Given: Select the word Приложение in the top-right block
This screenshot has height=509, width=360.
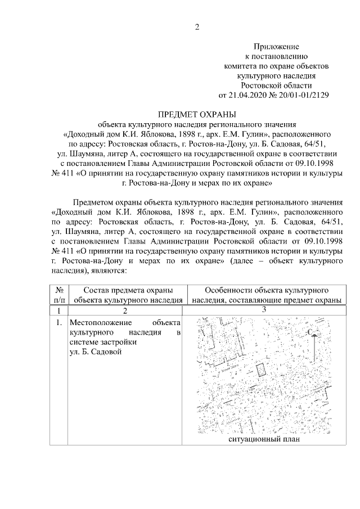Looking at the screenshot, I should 276,47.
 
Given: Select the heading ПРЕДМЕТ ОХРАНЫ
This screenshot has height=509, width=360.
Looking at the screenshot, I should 196,114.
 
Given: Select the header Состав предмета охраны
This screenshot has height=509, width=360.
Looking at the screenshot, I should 127,290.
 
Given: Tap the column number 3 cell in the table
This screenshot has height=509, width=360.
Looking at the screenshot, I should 263,309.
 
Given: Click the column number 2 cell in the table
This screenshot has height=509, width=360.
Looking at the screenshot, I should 125,310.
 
